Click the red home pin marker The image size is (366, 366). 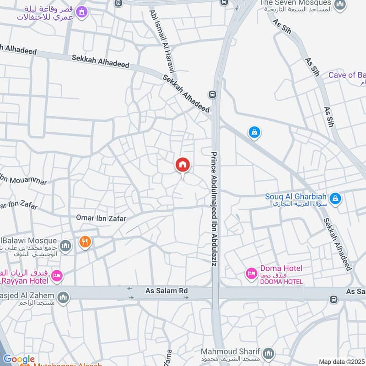[183, 165]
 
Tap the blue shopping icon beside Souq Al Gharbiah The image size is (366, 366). [335, 199]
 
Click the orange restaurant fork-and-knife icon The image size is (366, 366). [85, 242]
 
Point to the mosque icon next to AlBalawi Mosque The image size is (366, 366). [65, 246]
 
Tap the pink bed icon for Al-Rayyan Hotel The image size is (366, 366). [56, 275]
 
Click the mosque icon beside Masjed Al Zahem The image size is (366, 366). [64, 298]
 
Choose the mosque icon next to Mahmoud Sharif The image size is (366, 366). [269, 353]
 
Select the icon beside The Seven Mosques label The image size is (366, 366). [339, 5]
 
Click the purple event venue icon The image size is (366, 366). [81, 12]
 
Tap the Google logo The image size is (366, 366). [19, 359]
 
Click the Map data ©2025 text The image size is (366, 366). [341, 362]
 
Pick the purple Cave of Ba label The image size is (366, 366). [347, 75]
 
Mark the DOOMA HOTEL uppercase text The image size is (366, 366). [281, 282]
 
